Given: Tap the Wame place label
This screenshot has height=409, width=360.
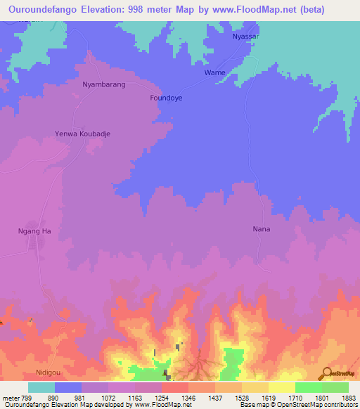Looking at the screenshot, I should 214,72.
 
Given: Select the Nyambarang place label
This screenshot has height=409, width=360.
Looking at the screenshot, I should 104,84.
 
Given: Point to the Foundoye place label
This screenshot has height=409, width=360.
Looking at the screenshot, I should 166,98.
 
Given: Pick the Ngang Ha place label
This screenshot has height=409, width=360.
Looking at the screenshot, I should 34,231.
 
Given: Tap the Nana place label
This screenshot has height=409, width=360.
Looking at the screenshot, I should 262,229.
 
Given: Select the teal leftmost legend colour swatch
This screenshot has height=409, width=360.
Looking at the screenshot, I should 41,387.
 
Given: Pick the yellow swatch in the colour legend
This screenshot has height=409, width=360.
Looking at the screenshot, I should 281,387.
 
